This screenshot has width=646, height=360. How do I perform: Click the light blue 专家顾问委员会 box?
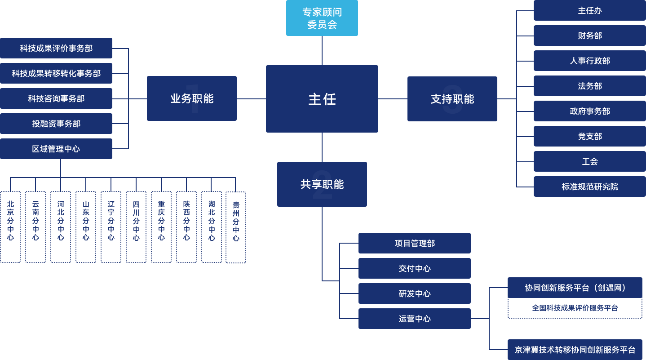point(322,18)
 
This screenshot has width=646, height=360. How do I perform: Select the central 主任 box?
point(322,99)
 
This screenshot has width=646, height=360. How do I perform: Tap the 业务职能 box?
point(191,98)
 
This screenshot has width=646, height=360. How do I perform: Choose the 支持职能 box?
point(452,99)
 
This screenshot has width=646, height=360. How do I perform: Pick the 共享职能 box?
point(322,184)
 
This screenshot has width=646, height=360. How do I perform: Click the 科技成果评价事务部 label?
point(56,48)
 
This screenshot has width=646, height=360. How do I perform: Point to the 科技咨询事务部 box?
point(56,98)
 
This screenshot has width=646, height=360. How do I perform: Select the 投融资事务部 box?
point(56,124)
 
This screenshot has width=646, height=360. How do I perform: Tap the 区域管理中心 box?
point(56,149)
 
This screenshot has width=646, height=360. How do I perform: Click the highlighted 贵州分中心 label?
point(236,222)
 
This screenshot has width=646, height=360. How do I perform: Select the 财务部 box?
point(589,36)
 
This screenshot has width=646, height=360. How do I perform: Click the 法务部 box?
point(589,86)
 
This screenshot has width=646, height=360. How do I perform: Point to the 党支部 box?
point(589,136)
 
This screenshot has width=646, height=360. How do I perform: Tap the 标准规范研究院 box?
point(589,187)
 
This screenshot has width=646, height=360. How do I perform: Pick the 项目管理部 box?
point(414,243)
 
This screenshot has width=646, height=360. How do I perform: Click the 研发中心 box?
point(414,293)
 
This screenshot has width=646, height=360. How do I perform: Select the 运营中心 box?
point(414,319)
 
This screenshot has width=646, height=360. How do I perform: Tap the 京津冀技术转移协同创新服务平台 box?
point(575,350)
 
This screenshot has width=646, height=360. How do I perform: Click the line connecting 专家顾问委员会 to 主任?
point(322,50)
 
